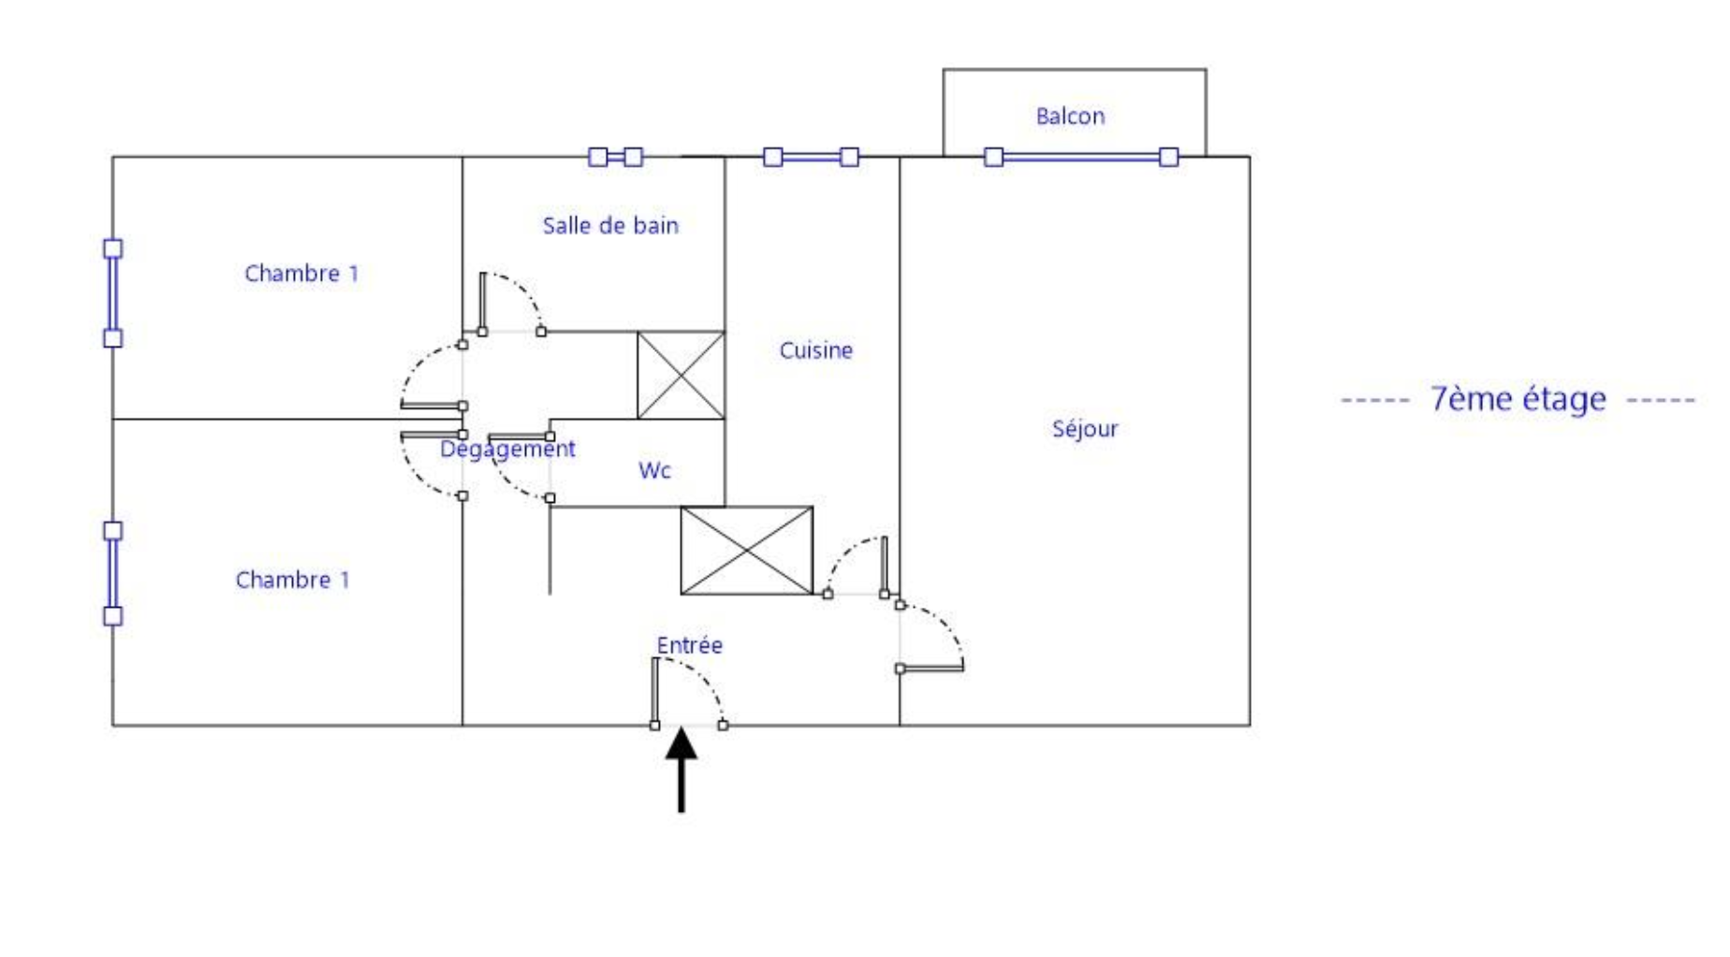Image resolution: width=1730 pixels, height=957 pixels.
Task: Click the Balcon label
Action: point(1069,116)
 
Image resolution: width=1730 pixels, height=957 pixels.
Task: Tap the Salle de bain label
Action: point(609,226)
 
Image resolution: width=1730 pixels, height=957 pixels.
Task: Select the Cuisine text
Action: point(815,350)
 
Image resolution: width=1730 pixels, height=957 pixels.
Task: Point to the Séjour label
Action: point(1084,429)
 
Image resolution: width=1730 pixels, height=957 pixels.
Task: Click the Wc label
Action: point(654,470)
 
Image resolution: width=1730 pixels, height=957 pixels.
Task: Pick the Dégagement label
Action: point(507,449)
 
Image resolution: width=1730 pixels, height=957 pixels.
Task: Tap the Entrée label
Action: point(689,645)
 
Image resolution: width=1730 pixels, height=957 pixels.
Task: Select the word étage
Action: point(1563,399)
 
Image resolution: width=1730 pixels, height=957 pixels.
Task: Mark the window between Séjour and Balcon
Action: point(1081,157)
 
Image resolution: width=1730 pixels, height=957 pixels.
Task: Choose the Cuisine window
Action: point(811,157)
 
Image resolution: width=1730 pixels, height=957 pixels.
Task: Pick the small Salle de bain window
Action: point(615,157)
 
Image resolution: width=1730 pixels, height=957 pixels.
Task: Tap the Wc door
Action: point(520,466)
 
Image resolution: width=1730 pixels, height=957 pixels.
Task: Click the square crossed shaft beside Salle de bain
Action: point(681,375)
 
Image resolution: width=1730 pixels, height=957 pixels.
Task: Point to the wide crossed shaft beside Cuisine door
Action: point(746,551)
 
